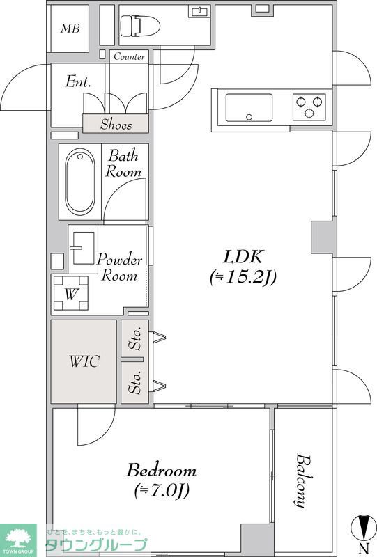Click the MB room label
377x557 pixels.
(x=70, y=29)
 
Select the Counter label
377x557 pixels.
(x=130, y=56)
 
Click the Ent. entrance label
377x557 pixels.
(x=78, y=81)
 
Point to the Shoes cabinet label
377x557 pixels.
(x=116, y=125)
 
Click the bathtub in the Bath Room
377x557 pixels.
(x=80, y=182)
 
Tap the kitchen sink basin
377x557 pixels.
(x=249, y=108)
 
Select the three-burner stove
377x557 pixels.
(x=309, y=107)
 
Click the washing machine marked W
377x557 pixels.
(x=71, y=293)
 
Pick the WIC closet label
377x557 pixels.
(x=84, y=361)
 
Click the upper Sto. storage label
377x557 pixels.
(x=135, y=338)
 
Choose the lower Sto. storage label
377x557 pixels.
(x=135, y=382)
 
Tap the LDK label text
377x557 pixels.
(x=243, y=257)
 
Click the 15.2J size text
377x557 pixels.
(x=243, y=277)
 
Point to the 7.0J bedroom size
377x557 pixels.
(x=162, y=491)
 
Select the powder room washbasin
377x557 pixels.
(x=84, y=248)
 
